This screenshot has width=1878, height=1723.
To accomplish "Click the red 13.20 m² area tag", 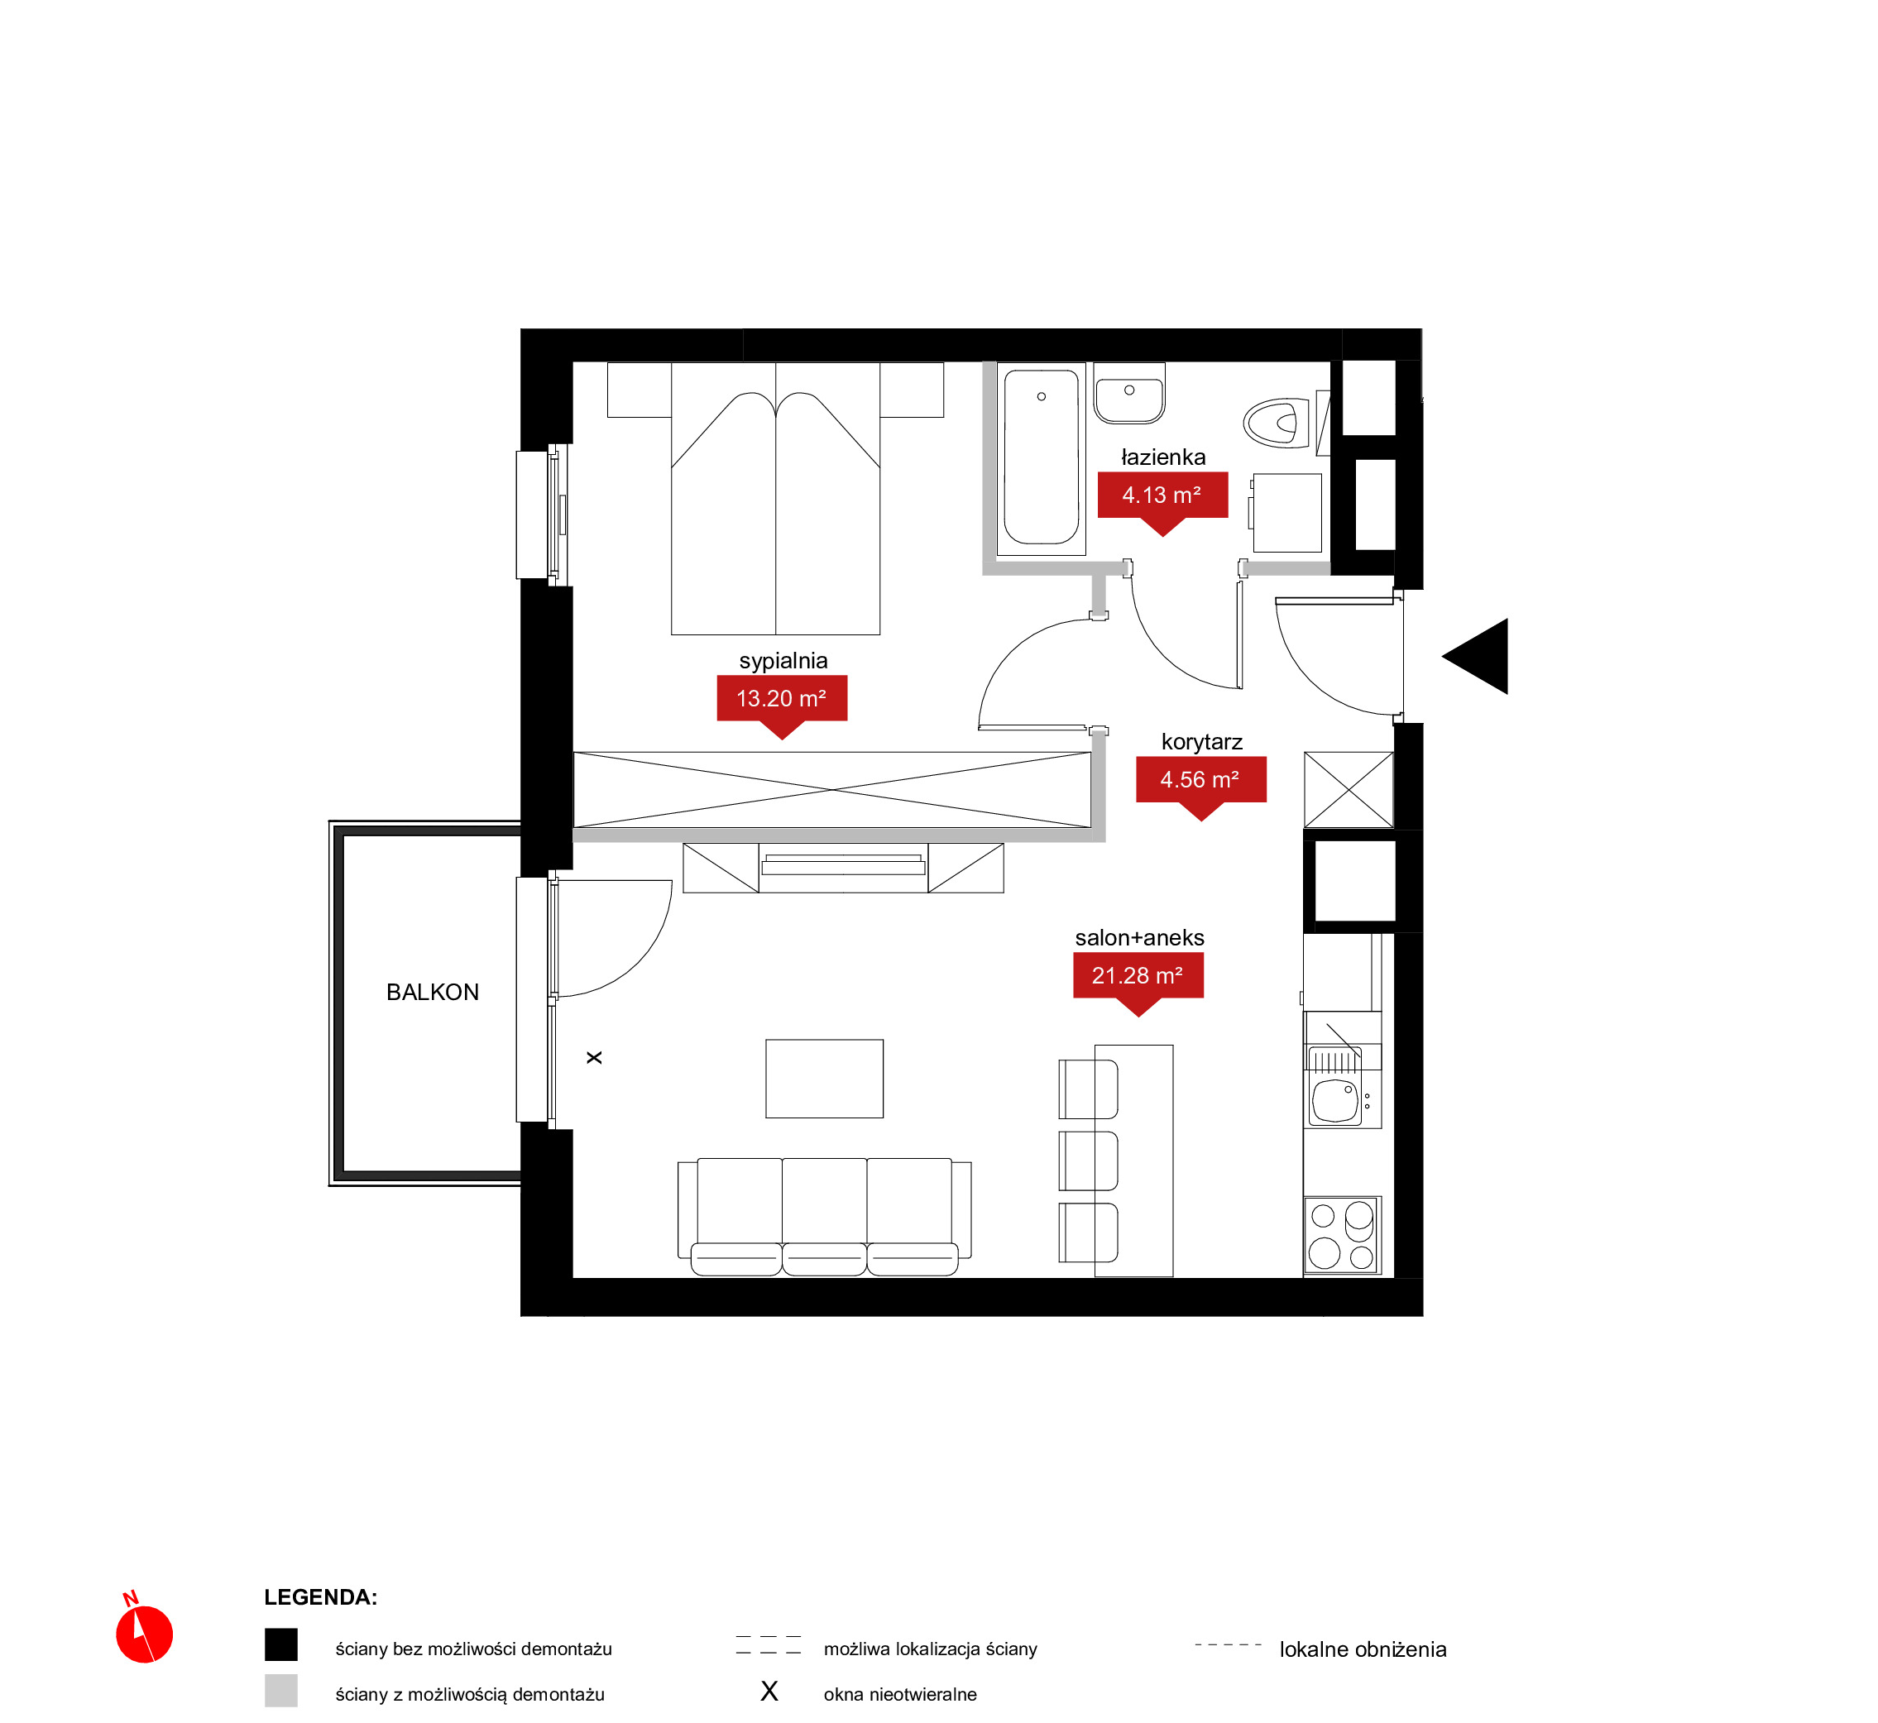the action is tap(782, 701).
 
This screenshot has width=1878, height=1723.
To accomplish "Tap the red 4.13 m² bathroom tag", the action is tap(1162, 498).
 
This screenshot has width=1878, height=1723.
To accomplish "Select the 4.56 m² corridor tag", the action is tap(1200, 783).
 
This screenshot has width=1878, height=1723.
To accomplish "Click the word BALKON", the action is tap(433, 992).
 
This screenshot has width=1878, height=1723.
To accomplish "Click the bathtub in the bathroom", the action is tap(1041, 457).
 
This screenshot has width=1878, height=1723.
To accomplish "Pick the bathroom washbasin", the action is tap(1129, 395).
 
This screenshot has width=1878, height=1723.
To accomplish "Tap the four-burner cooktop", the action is tap(1342, 1234).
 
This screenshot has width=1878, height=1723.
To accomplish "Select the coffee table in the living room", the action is tap(824, 1079).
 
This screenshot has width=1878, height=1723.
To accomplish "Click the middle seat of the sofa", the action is tap(824, 1216).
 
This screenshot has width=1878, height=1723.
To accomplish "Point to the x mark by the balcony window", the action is tap(594, 1057).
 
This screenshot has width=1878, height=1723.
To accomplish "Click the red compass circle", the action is tap(145, 1634).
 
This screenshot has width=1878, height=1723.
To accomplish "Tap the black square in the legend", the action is tap(280, 1644).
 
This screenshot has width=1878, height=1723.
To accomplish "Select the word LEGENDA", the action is tap(320, 1597).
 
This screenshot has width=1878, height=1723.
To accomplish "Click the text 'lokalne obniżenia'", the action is tap(1363, 1649).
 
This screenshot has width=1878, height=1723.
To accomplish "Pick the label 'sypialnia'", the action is tap(783, 661).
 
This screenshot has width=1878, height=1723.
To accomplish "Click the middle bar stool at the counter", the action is tap(1088, 1161).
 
